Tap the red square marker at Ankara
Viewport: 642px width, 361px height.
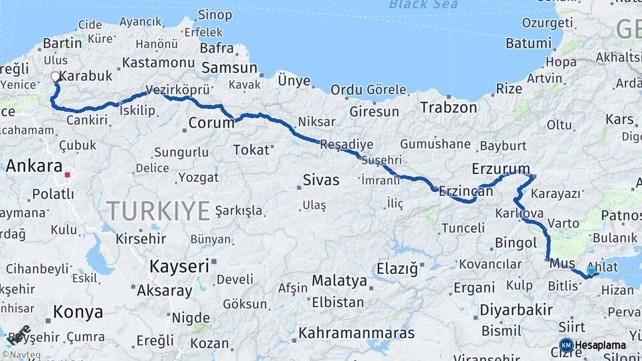click(x=67, y=176)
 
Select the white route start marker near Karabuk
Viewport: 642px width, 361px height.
click(x=55, y=77)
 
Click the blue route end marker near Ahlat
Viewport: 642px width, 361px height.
click(x=591, y=271)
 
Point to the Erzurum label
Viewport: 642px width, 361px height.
click(x=500, y=168)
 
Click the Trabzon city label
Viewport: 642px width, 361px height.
click(x=448, y=107)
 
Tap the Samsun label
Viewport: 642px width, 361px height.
click(x=229, y=68)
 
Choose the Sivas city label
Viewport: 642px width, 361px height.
click(x=321, y=180)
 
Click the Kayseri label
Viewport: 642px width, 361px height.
click(x=179, y=265)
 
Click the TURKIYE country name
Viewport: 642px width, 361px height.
click(x=158, y=211)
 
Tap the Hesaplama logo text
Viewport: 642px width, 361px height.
click(x=600, y=346)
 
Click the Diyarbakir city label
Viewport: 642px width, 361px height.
click(x=516, y=310)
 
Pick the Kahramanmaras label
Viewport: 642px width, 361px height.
click(x=356, y=332)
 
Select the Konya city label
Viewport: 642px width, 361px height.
click(x=78, y=312)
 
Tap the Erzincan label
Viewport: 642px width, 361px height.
click(x=465, y=192)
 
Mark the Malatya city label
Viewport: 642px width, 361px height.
click(x=339, y=280)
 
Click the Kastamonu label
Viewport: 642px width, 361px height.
click(x=158, y=63)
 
